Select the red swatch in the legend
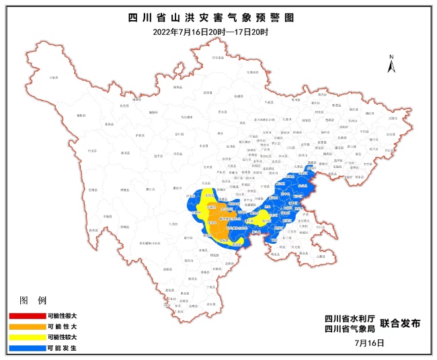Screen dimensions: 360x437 point(26,316)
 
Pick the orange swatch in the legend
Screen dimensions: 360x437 point(26,326)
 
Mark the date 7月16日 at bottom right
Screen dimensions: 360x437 point(369,343)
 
